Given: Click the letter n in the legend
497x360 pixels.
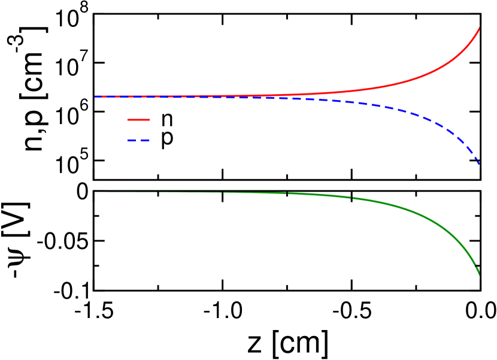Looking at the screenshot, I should coord(166,120).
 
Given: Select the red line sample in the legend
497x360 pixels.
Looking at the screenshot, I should coord(138,119).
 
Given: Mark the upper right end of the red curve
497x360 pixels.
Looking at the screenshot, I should coord(479,28).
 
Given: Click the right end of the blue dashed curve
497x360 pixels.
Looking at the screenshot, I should coord(479,164).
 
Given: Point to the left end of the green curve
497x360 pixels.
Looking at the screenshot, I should coord(95,192).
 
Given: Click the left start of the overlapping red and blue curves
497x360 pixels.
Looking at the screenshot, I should coord(95,96).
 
